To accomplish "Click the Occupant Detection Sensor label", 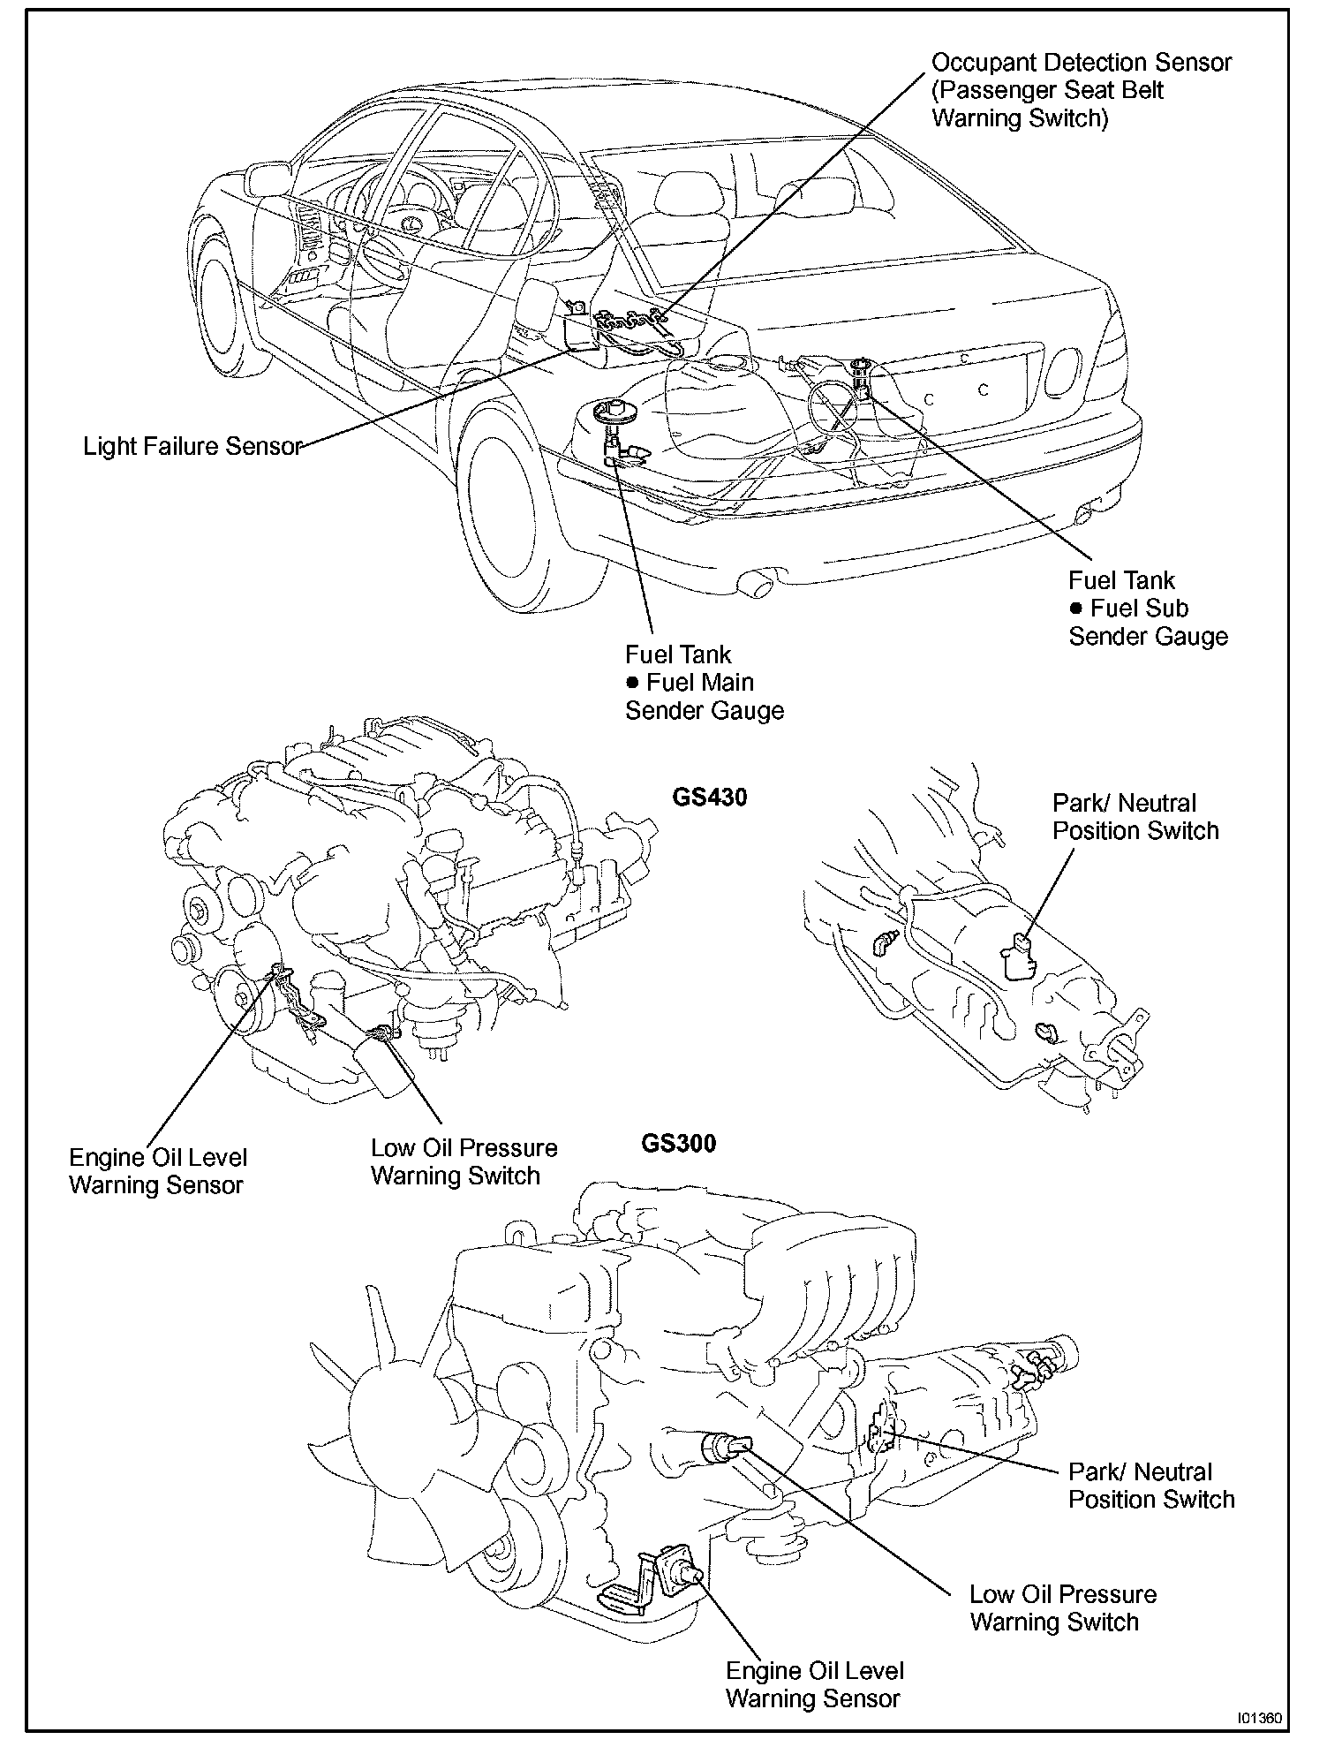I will coord(1081,89).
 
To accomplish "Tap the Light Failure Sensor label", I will coord(192,446).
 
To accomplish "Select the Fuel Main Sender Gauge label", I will coord(704,683).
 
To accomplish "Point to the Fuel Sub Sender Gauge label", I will coord(1147,609).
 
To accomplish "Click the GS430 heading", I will coord(709,798).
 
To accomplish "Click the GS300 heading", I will coord(678,1143).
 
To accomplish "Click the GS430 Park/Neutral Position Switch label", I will coord(1135,817).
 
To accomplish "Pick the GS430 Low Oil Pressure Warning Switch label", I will coord(464,1161).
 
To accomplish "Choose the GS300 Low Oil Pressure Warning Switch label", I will coord(1062,1607).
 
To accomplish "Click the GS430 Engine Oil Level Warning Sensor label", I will coord(157,1171).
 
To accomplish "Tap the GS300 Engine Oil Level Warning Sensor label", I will coord(814,1684).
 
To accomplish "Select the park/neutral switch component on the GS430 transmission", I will coord(1016,957).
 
